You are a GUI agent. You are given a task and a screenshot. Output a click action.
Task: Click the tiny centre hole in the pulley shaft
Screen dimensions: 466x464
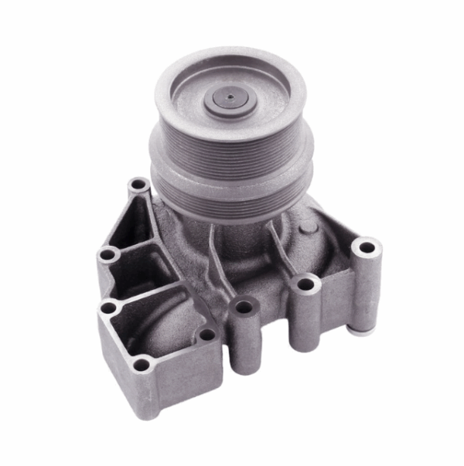(230, 98)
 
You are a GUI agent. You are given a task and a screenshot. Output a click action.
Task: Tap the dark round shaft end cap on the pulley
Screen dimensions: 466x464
(230, 99)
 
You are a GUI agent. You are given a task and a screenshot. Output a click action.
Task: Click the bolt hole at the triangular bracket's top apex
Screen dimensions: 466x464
(138, 185)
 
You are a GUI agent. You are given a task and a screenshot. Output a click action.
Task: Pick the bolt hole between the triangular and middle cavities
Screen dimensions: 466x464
(108, 253)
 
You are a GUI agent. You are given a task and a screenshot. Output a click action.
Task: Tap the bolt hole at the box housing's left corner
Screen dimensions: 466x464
(108, 308)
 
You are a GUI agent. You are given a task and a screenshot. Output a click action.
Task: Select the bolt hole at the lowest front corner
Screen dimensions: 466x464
(141, 364)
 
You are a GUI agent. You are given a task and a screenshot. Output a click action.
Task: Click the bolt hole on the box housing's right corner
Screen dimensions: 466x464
(206, 335)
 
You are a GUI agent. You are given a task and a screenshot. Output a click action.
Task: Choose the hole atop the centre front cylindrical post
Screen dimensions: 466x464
(244, 307)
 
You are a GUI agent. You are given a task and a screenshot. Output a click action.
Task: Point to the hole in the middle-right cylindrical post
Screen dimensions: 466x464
(306, 284)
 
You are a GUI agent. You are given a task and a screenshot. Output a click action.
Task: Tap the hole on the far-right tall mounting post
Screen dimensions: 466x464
(367, 248)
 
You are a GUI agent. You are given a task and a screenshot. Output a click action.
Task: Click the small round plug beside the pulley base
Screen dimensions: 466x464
(307, 227)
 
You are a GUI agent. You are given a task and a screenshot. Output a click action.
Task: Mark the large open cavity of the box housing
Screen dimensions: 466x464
(159, 325)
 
